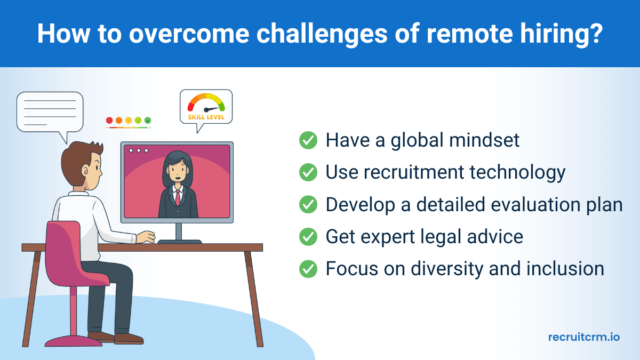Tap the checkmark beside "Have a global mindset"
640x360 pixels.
[x=308, y=140]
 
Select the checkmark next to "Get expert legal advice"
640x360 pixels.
[x=308, y=237]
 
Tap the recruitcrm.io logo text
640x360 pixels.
[x=584, y=337]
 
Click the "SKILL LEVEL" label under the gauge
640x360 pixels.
[x=206, y=117]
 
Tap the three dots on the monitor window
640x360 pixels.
[x=139, y=150]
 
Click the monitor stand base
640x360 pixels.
[x=179, y=242]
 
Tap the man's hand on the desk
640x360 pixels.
[x=145, y=237]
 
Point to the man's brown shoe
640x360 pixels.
[x=128, y=338]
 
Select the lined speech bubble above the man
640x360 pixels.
[x=50, y=112]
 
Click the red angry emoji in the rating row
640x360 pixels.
[x=109, y=121]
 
